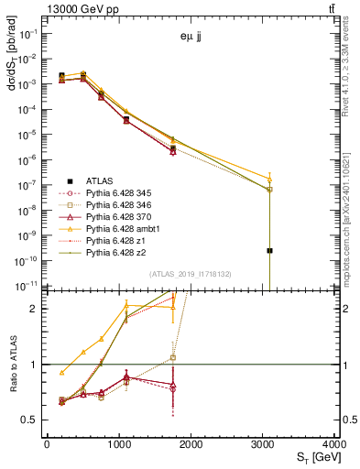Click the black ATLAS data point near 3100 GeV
coord(270,250)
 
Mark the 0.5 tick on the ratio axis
coord(29,420)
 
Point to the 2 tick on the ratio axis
coord(33,309)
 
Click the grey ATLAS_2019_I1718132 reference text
coord(191,274)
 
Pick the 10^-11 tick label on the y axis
coord(26,286)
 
